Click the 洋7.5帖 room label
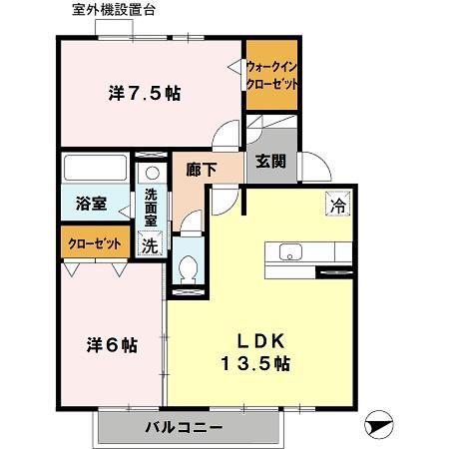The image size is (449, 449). click(x=144, y=95)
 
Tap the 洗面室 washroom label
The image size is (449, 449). click(x=151, y=206)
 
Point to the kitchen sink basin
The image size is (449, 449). click(x=290, y=250)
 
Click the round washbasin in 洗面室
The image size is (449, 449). click(x=151, y=172)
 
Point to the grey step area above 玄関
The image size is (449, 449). click(x=271, y=135)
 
